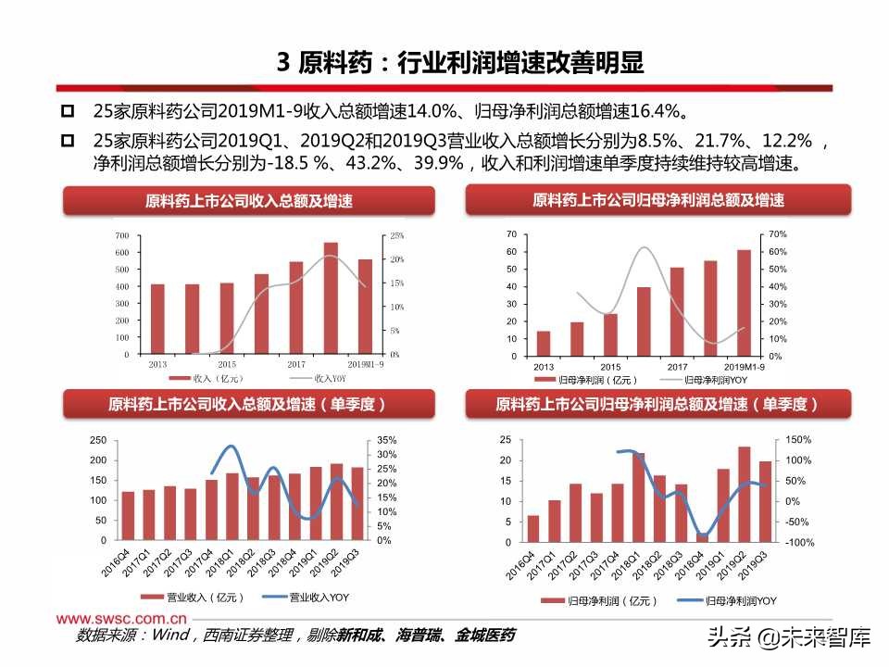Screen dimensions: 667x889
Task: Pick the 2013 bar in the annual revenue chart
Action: point(157,319)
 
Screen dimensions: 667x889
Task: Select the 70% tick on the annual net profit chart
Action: point(777,234)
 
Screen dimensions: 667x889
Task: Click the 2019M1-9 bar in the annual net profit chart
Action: point(744,302)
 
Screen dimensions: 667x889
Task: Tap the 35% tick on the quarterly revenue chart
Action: point(388,440)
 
